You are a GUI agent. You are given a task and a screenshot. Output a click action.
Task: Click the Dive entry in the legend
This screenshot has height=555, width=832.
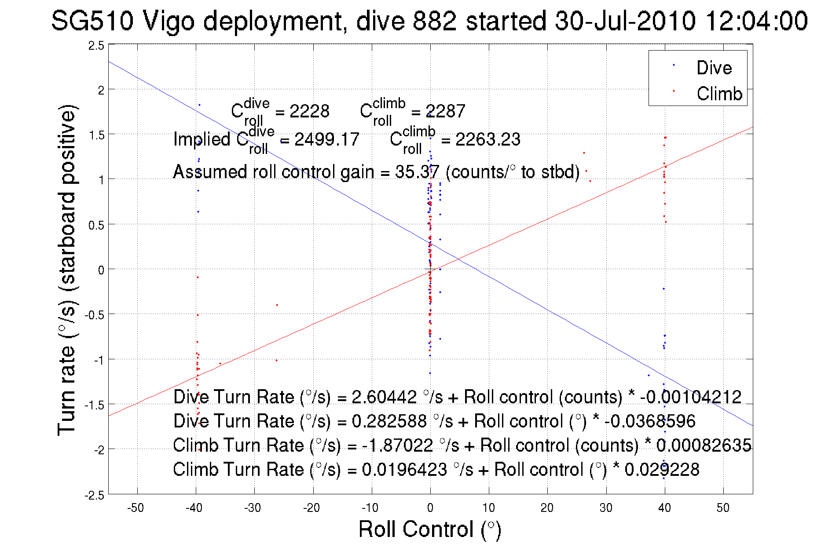(714, 68)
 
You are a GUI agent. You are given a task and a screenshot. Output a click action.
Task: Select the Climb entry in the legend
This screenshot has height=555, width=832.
(719, 94)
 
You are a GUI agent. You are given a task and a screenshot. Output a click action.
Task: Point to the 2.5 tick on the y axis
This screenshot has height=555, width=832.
(96, 46)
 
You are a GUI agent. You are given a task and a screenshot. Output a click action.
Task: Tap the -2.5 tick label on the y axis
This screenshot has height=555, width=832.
(95, 496)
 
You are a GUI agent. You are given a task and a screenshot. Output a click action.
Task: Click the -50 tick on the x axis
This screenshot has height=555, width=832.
(136, 508)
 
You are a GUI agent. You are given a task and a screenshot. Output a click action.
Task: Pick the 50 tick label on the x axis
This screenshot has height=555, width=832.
(723, 508)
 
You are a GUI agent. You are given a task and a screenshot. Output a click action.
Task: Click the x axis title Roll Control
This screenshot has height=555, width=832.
(429, 529)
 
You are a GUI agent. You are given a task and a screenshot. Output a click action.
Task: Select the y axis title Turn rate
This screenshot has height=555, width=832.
(67, 270)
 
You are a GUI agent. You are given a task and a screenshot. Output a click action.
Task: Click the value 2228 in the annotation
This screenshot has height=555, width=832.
(309, 111)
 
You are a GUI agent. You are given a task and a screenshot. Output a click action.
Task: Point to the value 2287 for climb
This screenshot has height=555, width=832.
(445, 111)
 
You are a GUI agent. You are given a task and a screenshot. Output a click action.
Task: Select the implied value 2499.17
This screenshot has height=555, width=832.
(326, 139)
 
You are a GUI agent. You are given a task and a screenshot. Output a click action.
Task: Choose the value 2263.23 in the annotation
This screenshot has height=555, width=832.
(487, 139)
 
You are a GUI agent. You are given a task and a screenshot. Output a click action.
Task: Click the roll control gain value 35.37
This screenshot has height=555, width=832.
(417, 172)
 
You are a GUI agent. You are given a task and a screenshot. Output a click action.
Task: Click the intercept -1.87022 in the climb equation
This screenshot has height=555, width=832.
(397, 445)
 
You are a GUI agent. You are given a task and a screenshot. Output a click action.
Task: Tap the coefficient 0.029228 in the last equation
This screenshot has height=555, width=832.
(662, 469)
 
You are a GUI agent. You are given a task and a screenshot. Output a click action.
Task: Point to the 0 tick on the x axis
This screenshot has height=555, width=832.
(430, 508)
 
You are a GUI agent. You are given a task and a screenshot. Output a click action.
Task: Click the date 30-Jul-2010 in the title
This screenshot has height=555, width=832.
(625, 21)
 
